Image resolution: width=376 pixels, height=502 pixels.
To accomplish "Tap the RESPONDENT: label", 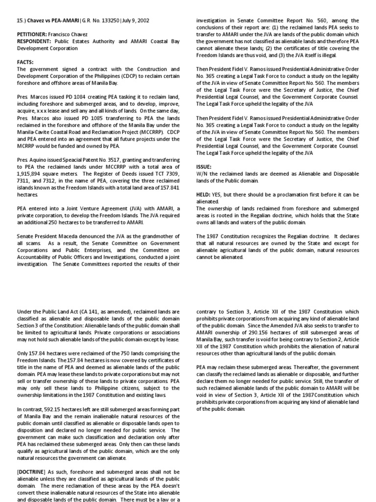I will coord(34,43).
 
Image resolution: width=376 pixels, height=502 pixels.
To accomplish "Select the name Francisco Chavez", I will coord(71,36).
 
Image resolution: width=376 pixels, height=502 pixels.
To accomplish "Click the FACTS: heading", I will coord(25,62).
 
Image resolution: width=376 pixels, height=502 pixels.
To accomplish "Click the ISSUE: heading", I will coord(204,166).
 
